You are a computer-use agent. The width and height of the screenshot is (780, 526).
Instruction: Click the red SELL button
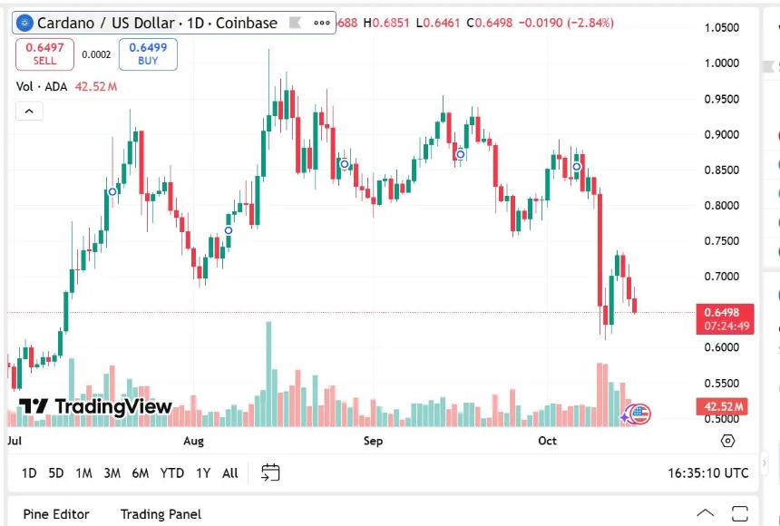[44, 54]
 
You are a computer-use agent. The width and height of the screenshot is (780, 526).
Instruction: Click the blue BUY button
[148, 54]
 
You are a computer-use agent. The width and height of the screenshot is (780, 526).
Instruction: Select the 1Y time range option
[203, 472]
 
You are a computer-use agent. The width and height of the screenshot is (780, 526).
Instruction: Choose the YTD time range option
[172, 472]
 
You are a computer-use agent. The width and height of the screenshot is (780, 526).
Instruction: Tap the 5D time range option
[56, 472]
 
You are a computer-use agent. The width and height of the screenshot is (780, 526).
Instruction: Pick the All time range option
[230, 472]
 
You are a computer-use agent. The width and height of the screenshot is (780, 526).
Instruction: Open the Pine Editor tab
[56, 514]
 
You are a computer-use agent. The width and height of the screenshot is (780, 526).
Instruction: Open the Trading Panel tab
[161, 514]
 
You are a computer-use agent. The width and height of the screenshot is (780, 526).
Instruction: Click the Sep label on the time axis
[373, 441]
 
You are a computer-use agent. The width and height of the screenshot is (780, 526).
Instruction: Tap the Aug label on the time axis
[193, 441]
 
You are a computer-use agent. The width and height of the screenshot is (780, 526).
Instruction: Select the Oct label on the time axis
[547, 441]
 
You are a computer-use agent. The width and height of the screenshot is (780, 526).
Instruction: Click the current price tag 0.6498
[725, 312]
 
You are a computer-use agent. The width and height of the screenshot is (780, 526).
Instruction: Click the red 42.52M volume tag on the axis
[724, 406]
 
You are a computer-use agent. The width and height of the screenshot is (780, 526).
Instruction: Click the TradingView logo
[95, 406]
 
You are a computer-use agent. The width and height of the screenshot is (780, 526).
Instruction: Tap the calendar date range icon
[270, 472]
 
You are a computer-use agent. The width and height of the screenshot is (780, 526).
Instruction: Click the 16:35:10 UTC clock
[708, 472]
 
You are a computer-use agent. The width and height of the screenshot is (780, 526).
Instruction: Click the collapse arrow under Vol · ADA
[29, 111]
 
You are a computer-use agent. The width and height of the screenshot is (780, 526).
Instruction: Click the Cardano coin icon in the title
[24, 23]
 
